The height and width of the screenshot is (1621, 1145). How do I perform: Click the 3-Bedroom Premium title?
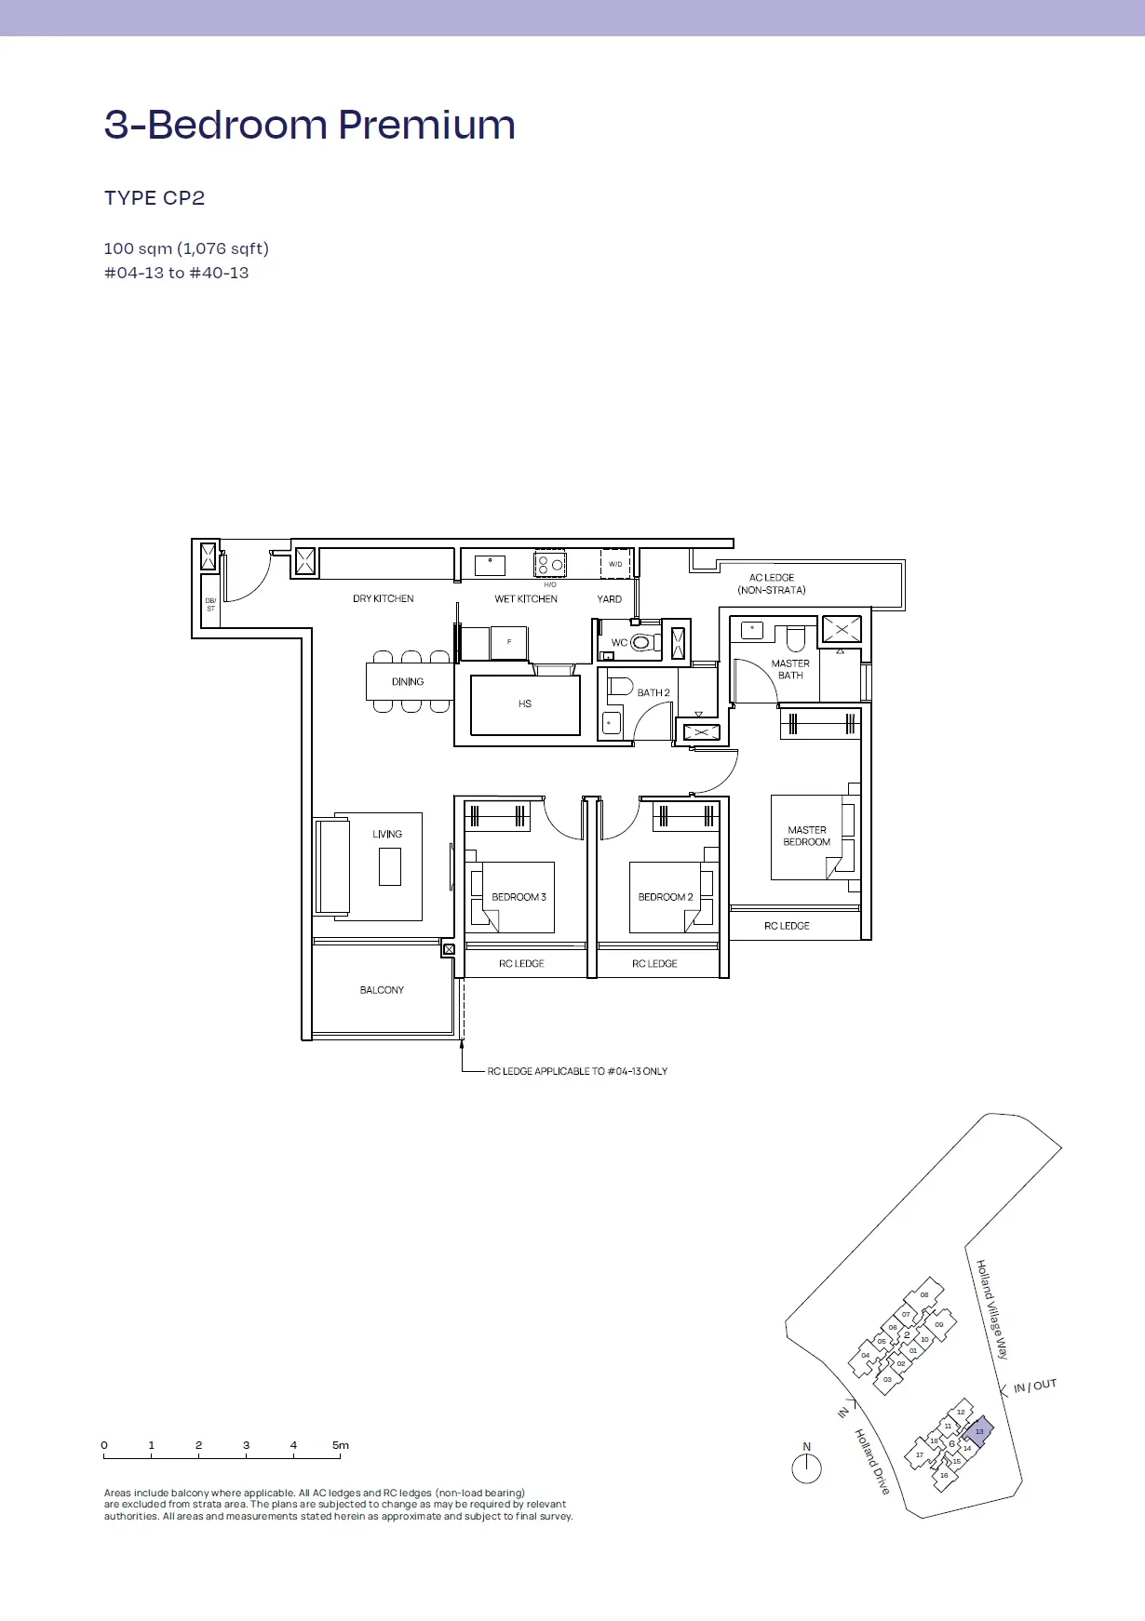point(310,125)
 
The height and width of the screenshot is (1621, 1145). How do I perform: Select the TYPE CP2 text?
point(155,198)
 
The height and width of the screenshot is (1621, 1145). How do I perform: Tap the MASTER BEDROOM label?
point(807,836)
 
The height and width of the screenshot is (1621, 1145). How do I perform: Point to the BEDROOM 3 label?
point(519,897)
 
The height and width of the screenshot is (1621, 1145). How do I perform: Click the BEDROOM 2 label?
point(666,897)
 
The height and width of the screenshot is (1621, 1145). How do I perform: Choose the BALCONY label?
point(382,990)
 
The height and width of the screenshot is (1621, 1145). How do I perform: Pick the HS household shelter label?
point(525,704)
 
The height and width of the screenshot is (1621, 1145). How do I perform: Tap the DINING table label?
point(408,682)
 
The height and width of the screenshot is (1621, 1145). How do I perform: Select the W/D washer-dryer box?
point(615,564)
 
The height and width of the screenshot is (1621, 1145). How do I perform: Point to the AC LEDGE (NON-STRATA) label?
point(772,583)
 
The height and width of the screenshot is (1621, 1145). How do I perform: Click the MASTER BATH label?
point(790,669)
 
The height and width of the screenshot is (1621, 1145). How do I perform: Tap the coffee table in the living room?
point(390,866)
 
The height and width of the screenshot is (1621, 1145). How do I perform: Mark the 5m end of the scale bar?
point(340,1456)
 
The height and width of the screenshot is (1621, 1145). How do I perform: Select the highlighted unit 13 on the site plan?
point(978,1431)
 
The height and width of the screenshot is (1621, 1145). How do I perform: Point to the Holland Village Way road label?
point(992,1309)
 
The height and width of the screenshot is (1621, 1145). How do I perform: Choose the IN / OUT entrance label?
point(1035,1386)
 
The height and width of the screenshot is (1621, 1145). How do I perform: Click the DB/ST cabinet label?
point(210,605)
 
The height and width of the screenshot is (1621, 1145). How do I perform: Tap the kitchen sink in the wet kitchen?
point(490,565)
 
